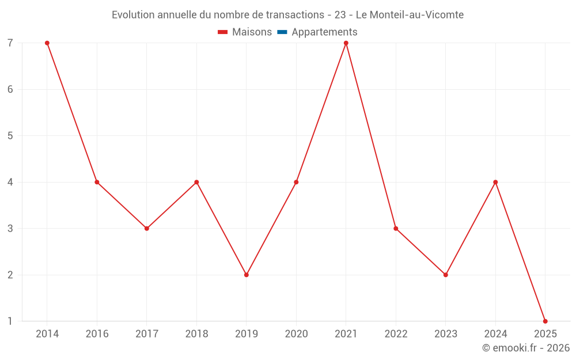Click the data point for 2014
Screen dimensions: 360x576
pos(47,43)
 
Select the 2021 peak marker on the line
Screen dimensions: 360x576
pos(346,43)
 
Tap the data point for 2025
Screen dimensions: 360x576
pos(545,321)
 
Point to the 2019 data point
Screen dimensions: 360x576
pos(247,275)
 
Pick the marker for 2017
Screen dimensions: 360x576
pos(147,229)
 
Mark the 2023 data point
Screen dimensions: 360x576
pos(445,275)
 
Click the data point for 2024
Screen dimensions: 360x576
pos(495,182)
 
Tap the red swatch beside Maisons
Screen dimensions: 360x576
pos(223,32)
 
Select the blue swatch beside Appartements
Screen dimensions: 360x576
pos(282,32)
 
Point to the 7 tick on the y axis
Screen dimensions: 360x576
pos(10,43)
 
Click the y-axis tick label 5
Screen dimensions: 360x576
pos(10,136)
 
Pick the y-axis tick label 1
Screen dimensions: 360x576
pos(10,321)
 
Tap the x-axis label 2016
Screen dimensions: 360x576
pos(97,334)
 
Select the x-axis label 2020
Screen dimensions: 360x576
pos(296,334)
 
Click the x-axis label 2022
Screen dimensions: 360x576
pos(396,334)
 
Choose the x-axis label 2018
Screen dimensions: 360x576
pos(196,334)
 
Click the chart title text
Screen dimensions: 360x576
pos(287,15)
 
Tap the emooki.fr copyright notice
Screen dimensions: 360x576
pos(526,348)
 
